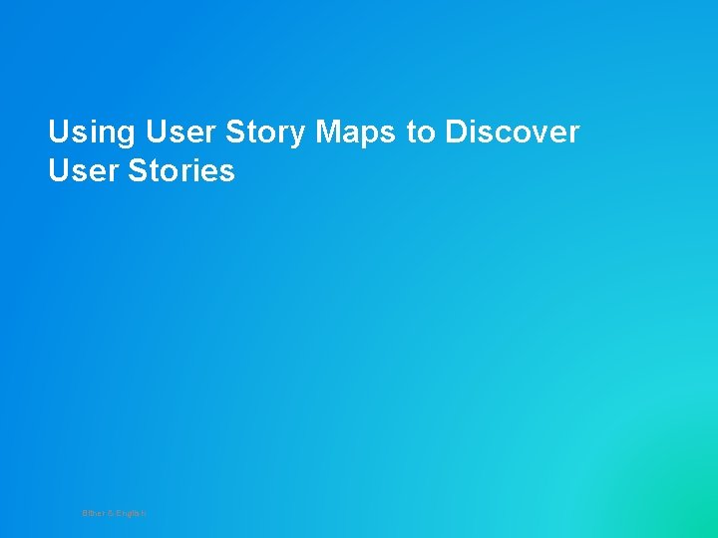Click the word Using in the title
coord(92,132)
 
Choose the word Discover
coord(512,132)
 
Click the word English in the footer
coord(131,513)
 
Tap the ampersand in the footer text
coord(110,513)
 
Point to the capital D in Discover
coord(456,132)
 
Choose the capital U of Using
coord(58,132)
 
